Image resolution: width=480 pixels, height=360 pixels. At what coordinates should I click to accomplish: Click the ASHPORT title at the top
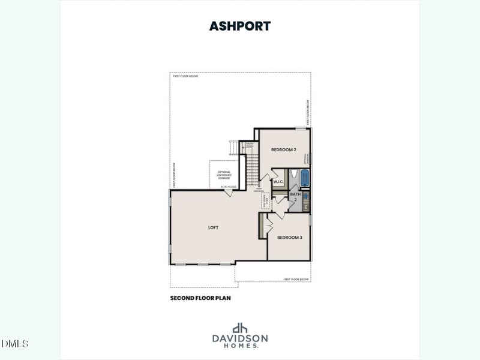(x=239, y=26)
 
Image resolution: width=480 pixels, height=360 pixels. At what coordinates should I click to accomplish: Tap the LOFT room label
(x=213, y=227)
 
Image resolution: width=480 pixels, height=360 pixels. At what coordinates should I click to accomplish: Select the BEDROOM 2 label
(x=283, y=149)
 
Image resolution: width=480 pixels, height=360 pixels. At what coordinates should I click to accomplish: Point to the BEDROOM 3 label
(x=289, y=238)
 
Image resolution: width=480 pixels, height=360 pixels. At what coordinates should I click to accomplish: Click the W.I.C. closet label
(x=278, y=181)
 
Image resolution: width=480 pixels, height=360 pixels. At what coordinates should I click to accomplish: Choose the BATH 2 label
(x=295, y=196)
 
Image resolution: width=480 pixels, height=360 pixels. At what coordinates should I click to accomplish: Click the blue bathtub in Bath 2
(x=304, y=178)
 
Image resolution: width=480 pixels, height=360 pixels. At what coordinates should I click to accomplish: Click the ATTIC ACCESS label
(x=229, y=187)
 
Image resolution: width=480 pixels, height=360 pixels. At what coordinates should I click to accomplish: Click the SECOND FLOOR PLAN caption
(x=200, y=298)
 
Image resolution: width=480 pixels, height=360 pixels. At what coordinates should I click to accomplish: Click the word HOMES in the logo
(x=239, y=346)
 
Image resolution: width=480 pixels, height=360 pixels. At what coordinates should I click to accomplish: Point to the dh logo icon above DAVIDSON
(x=240, y=328)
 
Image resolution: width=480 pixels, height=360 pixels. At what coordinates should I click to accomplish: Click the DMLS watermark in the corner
(x=15, y=344)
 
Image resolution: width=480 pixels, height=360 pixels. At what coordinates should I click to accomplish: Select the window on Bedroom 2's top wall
(x=301, y=128)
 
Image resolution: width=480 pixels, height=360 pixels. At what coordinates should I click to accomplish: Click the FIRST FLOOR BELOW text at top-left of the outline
(x=185, y=76)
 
